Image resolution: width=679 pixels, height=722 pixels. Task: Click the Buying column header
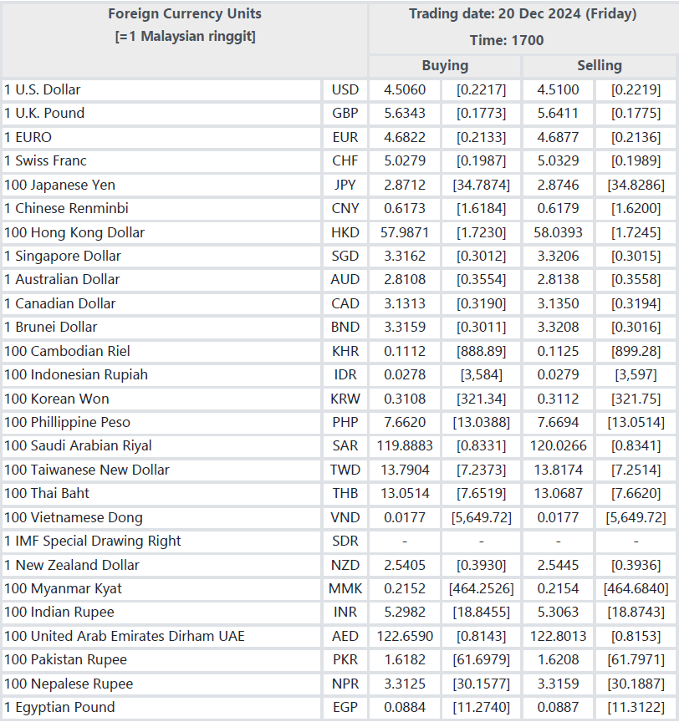pyautogui.click(x=445, y=66)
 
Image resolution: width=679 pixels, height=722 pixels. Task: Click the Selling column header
pyautogui.click(x=600, y=66)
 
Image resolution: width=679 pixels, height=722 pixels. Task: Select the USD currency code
pyautogui.click(x=345, y=89)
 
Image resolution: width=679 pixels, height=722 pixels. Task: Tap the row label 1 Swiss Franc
pyautogui.click(x=45, y=160)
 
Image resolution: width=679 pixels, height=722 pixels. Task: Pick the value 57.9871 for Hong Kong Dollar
pyautogui.click(x=405, y=232)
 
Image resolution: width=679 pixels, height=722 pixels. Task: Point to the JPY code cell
pyautogui.click(x=345, y=185)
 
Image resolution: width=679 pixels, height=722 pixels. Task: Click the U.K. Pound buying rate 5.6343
pyautogui.click(x=405, y=114)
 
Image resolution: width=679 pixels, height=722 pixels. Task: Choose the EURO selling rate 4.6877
pyautogui.click(x=558, y=137)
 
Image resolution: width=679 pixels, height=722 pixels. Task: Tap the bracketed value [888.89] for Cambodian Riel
pyautogui.click(x=482, y=351)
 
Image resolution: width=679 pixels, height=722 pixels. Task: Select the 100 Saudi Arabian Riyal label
pyautogui.click(x=78, y=445)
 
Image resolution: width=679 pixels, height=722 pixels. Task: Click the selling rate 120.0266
pyautogui.click(x=558, y=445)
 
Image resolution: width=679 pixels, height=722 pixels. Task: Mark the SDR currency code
pyautogui.click(x=345, y=541)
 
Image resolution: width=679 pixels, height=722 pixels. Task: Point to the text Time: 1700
pyautogui.click(x=507, y=40)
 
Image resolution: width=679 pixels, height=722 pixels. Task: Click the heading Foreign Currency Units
pyautogui.click(x=185, y=14)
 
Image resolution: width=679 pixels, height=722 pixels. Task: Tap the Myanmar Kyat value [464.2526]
pyautogui.click(x=482, y=589)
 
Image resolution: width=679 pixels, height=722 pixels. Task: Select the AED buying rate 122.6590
pyautogui.click(x=405, y=637)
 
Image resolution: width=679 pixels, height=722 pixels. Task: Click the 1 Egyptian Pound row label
pyautogui.click(x=59, y=707)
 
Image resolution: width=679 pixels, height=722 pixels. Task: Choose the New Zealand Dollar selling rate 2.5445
pyautogui.click(x=558, y=565)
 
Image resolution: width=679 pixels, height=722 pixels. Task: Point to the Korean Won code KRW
pyautogui.click(x=345, y=399)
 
